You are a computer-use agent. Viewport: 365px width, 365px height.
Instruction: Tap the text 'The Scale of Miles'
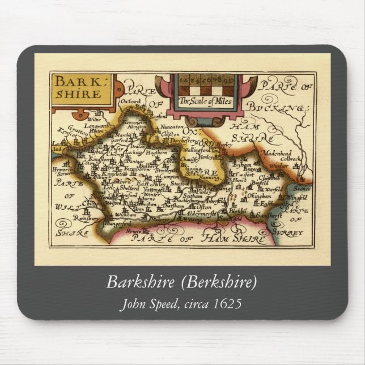click(x=202, y=101)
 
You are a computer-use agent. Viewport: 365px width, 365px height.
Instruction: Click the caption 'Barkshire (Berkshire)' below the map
click(x=182, y=282)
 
